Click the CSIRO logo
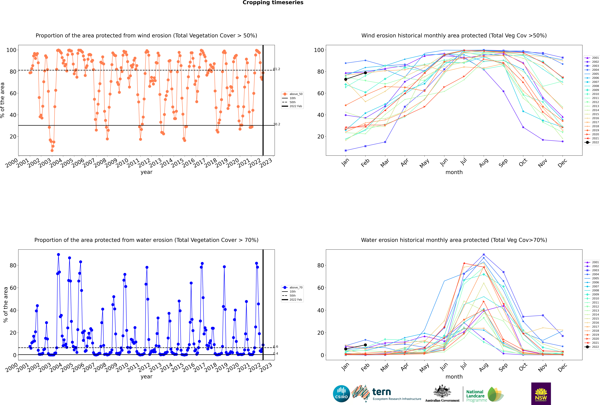coord(341,394)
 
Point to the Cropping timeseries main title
coord(273,3)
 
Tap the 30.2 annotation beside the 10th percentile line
coord(277,124)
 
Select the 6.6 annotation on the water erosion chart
coord(276,347)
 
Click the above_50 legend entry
coord(292,94)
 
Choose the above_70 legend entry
coord(292,287)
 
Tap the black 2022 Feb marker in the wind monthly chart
coord(365,73)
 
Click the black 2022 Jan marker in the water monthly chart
coord(346,349)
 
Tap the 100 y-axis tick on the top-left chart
coord(11,50)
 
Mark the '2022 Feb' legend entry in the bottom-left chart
coord(292,300)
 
